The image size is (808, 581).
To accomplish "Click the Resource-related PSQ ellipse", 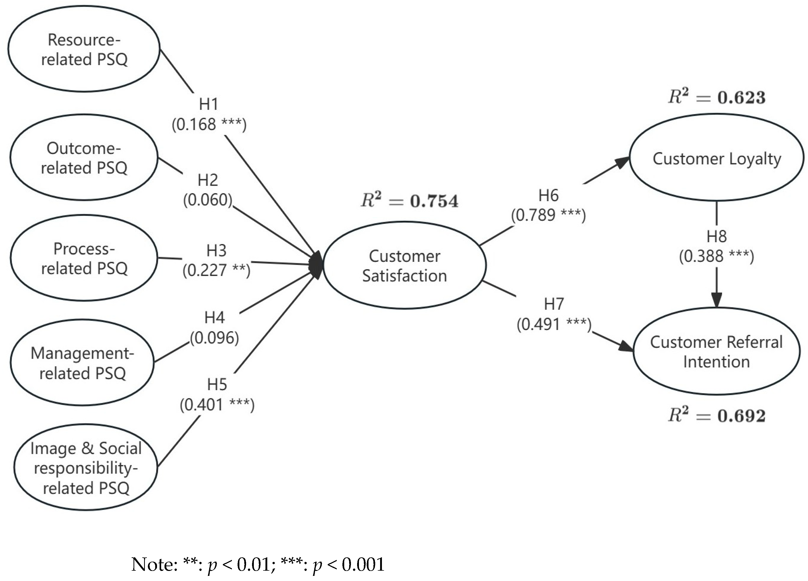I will (x=84, y=49).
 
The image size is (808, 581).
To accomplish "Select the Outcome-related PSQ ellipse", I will (x=84, y=158).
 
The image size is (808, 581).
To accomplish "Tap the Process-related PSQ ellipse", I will (x=84, y=258).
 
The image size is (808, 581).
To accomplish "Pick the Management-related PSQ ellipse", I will (x=83, y=363).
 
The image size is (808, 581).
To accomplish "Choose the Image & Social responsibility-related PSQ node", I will (x=86, y=467).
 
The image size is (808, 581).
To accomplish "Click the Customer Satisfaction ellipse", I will (x=404, y=266).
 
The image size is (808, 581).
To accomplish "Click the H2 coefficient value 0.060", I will (x=208, y=200).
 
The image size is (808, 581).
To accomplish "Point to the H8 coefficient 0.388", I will (x=704, y=256).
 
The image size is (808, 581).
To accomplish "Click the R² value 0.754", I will (x=434, y=201).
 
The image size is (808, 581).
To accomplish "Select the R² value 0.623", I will (x=741, y=98).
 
